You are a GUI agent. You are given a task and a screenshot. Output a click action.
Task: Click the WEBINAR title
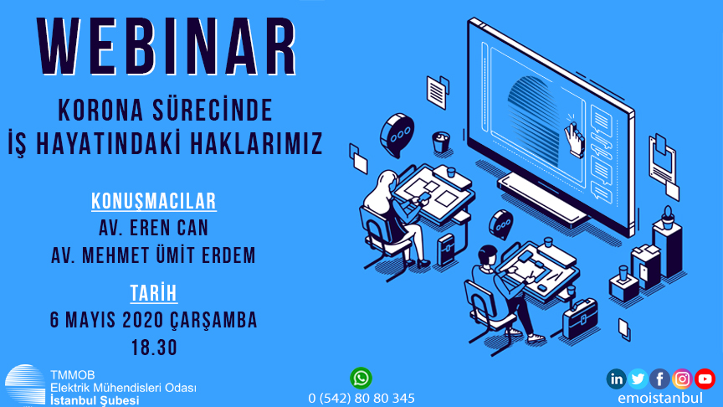click(167, 47)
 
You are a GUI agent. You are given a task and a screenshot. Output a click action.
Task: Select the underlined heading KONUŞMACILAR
click(153, 202)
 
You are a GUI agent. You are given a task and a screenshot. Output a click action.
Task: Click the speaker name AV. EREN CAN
click(153, 228)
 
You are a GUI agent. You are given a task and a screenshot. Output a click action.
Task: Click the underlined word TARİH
click(153, 293)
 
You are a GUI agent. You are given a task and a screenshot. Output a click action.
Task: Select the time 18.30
click(155, 348)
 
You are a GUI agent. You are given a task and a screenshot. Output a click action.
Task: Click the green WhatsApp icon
click(361, 378)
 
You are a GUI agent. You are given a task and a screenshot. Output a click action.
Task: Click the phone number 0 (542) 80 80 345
click(361, 399)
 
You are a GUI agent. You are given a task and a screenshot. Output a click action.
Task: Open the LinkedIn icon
click(616, 379)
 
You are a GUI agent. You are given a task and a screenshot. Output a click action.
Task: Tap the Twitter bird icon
click(638, 379)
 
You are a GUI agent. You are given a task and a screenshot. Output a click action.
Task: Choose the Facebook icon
click(660, 379)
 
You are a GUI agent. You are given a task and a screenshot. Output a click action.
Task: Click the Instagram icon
click(682, 379)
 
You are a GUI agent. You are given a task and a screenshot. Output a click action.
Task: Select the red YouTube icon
click(705, 379)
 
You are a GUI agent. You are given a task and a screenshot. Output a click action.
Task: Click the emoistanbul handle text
click(660, 398)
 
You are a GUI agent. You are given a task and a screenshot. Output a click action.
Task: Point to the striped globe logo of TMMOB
click(25, 385)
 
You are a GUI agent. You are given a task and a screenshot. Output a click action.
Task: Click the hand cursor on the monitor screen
click(574, 139)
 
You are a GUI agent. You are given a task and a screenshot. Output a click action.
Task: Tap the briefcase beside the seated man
click(581, 318)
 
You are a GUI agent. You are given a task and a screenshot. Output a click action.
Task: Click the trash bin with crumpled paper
click(441, 142)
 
